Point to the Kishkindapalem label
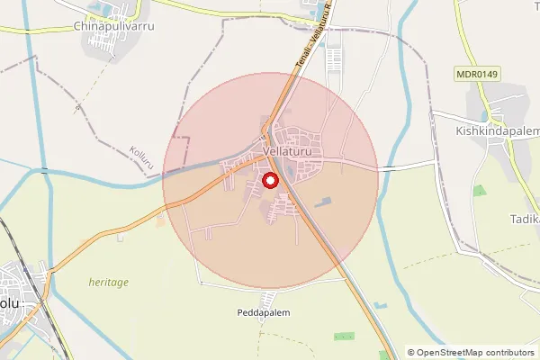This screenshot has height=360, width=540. [x=490, y=131]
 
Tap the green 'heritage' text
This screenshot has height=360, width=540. [x=108, y=282]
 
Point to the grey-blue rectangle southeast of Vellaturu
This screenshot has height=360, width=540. [x=324, y=199]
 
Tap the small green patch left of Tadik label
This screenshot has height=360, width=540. [x=479, y=190]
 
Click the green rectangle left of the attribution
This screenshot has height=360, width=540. [x=344, y=336]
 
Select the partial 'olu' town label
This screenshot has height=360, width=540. [x=10, y=303]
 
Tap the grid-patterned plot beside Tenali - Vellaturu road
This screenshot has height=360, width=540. [x=333, y=59]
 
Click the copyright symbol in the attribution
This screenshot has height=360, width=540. [x=411, y=352]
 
